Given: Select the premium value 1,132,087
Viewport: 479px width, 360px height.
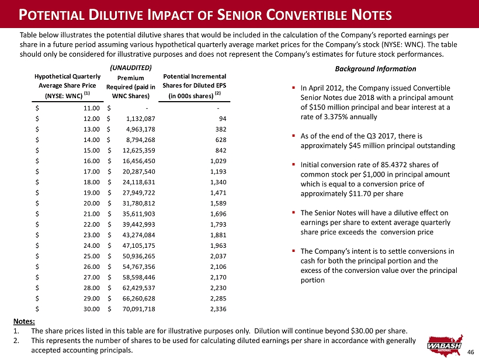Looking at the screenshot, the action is point(141,119).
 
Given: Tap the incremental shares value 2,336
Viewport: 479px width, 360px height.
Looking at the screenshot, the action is point(218,309).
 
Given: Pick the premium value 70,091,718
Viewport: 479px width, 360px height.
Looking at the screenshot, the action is point(138,309).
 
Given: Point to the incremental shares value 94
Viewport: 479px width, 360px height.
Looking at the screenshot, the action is point(223,119).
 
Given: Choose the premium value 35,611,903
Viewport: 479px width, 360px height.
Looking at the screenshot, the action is point(138,214).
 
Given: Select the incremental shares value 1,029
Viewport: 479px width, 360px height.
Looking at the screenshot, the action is point(218,161).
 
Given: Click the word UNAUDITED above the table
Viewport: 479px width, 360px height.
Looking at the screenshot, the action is point(131,68).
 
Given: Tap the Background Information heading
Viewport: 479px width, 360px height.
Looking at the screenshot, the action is point(376,69).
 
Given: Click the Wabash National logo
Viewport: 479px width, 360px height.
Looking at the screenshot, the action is point(445,345).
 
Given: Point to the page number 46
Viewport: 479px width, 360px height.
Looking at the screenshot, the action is point(470,352).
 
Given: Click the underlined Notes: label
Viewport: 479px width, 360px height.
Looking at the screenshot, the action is point(24,321).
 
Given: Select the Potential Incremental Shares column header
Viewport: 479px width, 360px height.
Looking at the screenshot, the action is point(195,86).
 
